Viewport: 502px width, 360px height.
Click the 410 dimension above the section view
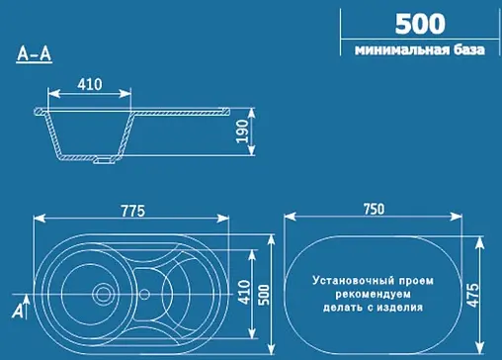point(89,86)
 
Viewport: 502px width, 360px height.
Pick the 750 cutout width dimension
point(374,210)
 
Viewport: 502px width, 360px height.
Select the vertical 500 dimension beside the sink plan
point(264,294)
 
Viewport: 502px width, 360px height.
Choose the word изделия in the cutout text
point(402,308)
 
